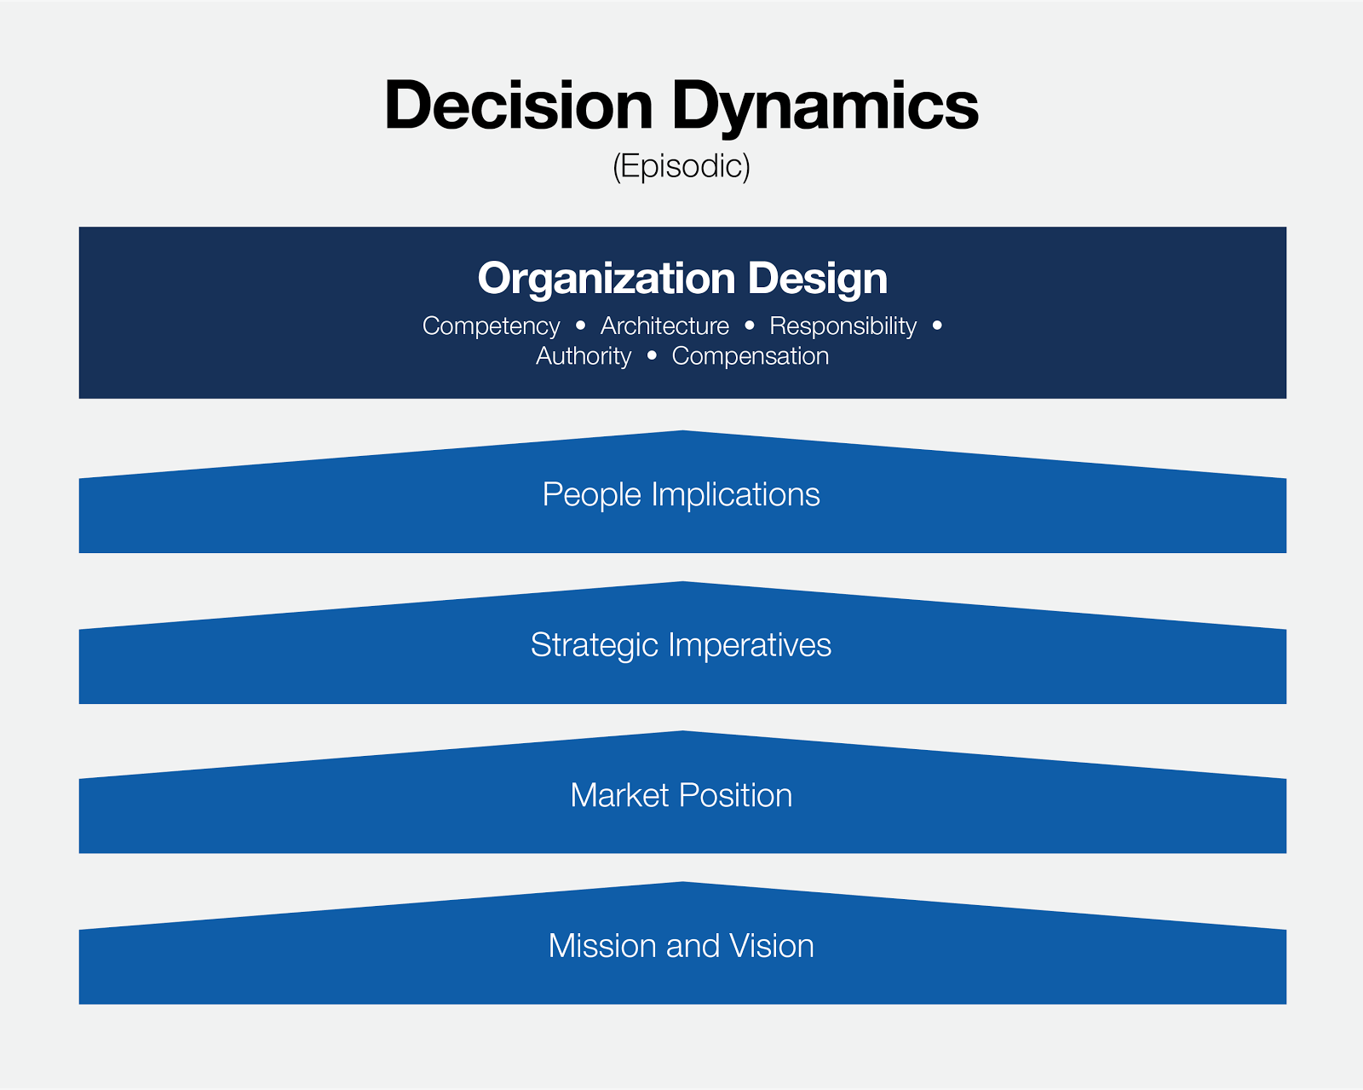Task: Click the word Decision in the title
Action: (x=519, y=105)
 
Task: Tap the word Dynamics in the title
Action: (x=825, y=108)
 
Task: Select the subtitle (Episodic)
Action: (x=681, y=167)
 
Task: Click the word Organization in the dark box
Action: (x=607, y=279)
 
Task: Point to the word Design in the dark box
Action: (x=818, y=279)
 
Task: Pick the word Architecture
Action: (x=664, y=326)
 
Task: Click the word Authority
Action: (x=584, y=357)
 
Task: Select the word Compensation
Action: (x=750, y=357)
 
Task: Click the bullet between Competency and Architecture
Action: (x=580, y=325)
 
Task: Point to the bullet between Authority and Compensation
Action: (x=652, y=355)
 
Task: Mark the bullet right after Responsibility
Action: (x=937, y=325)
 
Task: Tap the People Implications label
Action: (x=681, y=495)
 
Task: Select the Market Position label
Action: (x=681, y=795)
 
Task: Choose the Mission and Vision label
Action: (x=681, y=946)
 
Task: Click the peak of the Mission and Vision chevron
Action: (x=682, y=882)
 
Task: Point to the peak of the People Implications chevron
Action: (x=682, y=431)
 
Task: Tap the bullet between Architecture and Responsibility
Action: (x=750, y=325)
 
